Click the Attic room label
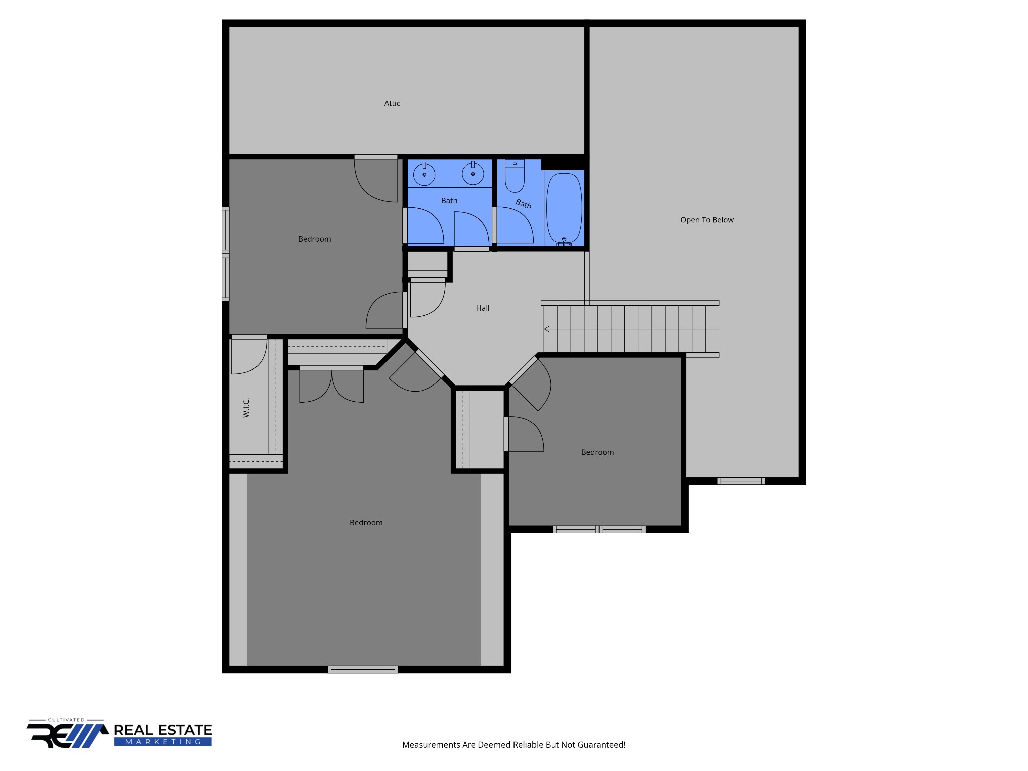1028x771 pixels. [x=392, y=104]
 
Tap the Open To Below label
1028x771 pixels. [x=707, y=220]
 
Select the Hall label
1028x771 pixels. [x=483, y=308]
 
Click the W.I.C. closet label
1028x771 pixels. [x=246, y=408]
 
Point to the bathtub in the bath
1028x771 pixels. [x=564, y=208]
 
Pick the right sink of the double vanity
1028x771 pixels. [x=473, y=174]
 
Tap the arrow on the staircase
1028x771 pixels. [x=547, y=329]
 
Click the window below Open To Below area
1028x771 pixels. [x=741, y=481]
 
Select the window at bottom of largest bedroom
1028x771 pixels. [x=362, y=669]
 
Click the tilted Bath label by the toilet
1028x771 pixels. [x=524, y=204]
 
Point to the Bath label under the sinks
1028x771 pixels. [x=449, y=201]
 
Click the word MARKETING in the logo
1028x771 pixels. [x=163, y=742]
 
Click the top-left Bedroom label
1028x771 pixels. [x=315, y=239]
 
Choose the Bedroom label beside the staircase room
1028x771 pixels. [x=597, y=452]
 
